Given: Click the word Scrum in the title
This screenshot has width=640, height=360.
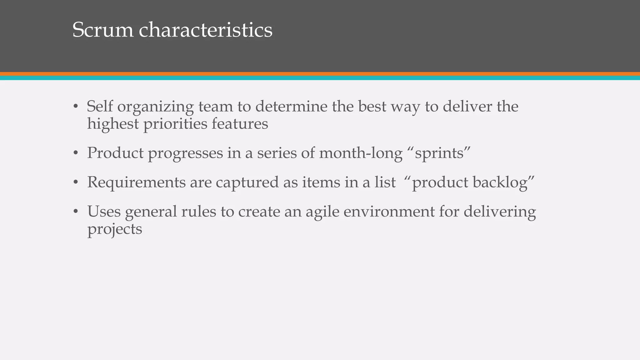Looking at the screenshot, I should click(x=103, y=30).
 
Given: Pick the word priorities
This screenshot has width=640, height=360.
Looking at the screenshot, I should click(x=175, y=124).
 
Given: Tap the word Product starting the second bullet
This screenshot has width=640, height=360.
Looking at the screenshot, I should click(x=115, y=153).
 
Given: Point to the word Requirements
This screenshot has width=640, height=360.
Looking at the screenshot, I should click(x=136, y=182).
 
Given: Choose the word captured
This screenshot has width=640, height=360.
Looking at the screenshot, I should click(x=247, y=182).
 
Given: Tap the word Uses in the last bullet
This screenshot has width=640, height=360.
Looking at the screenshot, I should click(x=104, y=211).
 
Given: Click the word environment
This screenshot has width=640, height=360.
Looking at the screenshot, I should click(x=389, y=211).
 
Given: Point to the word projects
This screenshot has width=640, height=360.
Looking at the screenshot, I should click(x=115, y=229).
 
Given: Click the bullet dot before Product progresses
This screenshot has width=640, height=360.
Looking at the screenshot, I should click(x=75, y=153).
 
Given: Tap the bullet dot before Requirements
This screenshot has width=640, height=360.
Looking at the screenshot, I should click(x=75, y=182).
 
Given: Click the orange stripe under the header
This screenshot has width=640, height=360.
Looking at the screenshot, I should click(x=320, y=74).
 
